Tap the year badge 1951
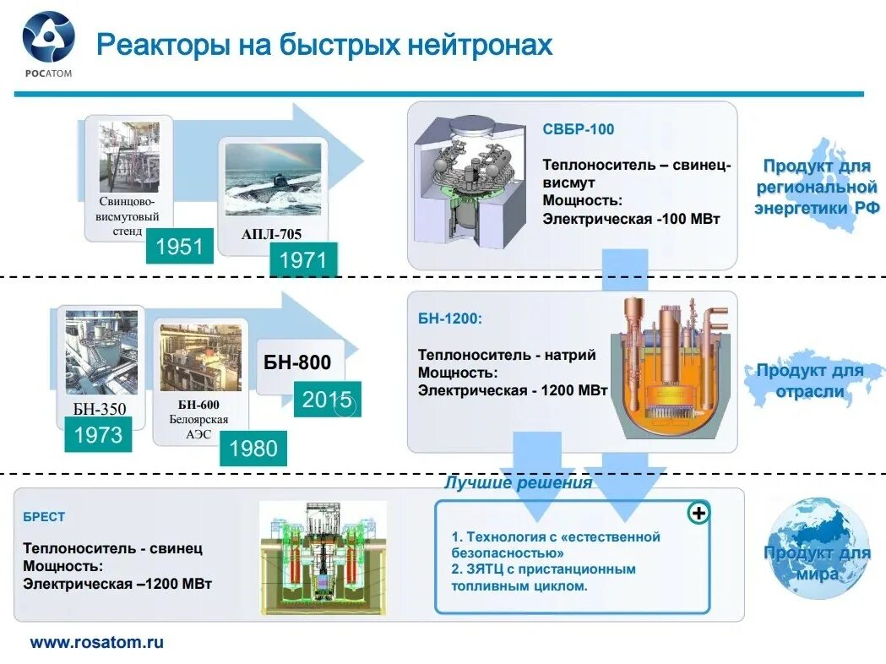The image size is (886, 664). point(179,247)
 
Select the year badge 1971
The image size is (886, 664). point(303,259)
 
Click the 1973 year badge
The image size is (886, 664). point(99,436)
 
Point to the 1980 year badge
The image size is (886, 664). point(253,448)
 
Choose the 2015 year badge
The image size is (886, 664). point(327,399)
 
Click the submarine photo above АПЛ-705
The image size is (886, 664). point(273,178)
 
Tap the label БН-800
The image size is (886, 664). point(298,364)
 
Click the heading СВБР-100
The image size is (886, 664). point(579,129)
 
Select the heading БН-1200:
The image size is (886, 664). point(450,319)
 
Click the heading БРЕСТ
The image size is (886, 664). point(44,516)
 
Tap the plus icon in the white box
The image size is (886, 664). point(698,513)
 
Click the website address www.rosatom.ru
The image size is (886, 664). point(97,642)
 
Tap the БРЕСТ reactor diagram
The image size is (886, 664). point(323,557)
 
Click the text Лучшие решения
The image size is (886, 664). point(519,483)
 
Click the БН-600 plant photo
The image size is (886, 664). point(200,358)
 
